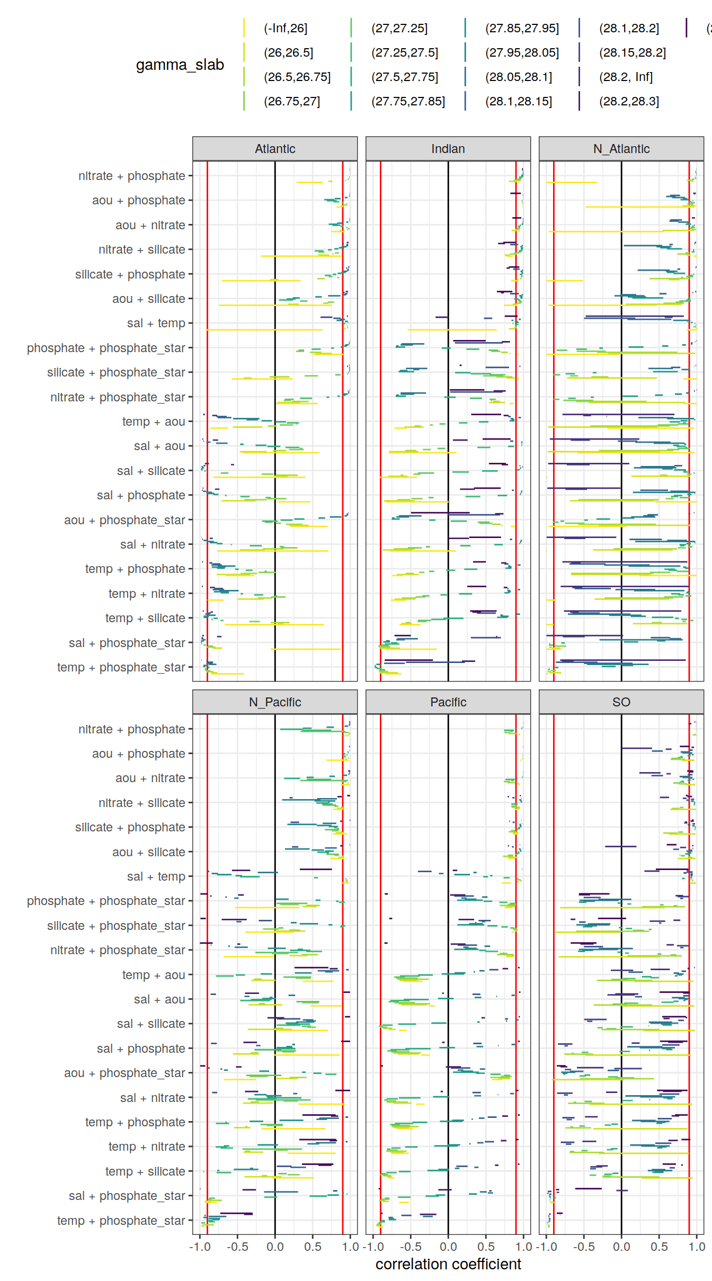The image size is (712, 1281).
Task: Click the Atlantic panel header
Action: click(275, 149)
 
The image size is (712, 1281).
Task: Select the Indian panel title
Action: click(448, 149)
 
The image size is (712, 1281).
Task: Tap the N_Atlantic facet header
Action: click(621, 149)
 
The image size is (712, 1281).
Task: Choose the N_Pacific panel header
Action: click(275, 702)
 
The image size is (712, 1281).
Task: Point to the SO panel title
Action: click(621, 702)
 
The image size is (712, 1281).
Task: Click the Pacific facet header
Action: click(448, 702)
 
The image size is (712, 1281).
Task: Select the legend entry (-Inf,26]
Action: click(286, 29)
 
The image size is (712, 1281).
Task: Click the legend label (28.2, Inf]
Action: click(626, 77)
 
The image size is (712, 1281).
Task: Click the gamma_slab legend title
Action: click(180, 65)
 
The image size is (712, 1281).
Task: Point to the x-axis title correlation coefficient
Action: click(448, 1265)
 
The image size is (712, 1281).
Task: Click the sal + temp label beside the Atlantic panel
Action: click(156, 324)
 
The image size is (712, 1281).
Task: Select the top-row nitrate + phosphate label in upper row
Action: click(131, 176)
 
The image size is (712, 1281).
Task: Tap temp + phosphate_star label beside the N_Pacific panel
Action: click(121, 1221)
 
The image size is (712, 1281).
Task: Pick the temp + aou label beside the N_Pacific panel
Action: click(153, 975)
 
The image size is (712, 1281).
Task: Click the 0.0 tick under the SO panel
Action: click(621, 1247)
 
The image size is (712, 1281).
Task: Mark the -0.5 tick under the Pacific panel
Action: click(411, 1247)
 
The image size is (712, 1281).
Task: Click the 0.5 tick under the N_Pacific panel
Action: click(313, 1247)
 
